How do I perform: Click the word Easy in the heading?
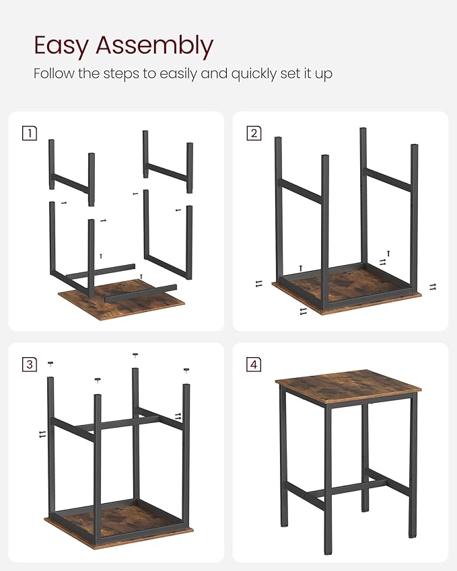[62, 46]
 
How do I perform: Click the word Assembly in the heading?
[154, 46]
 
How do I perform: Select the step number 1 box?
[30, 133]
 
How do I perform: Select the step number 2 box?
[254, 133]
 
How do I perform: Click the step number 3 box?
[30, 365]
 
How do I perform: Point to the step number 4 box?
[254, 365]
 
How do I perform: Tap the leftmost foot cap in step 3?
[50, 364]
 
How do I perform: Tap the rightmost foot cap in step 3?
[186, 369]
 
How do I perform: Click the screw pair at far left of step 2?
[259, 284]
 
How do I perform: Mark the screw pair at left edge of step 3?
[42, 435]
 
